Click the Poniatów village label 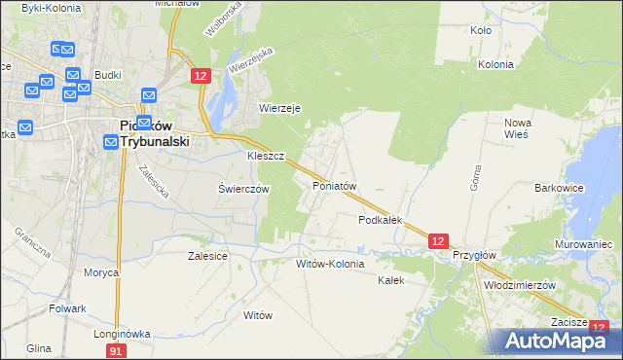[x=335, y=185]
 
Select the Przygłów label [x=475, y=255]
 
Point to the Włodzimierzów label [x=519, y=285]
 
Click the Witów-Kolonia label [x=330, y=263]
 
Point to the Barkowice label [x=558, y=188]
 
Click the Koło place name [x=481, y=30]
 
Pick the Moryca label [x=101, y=272]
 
